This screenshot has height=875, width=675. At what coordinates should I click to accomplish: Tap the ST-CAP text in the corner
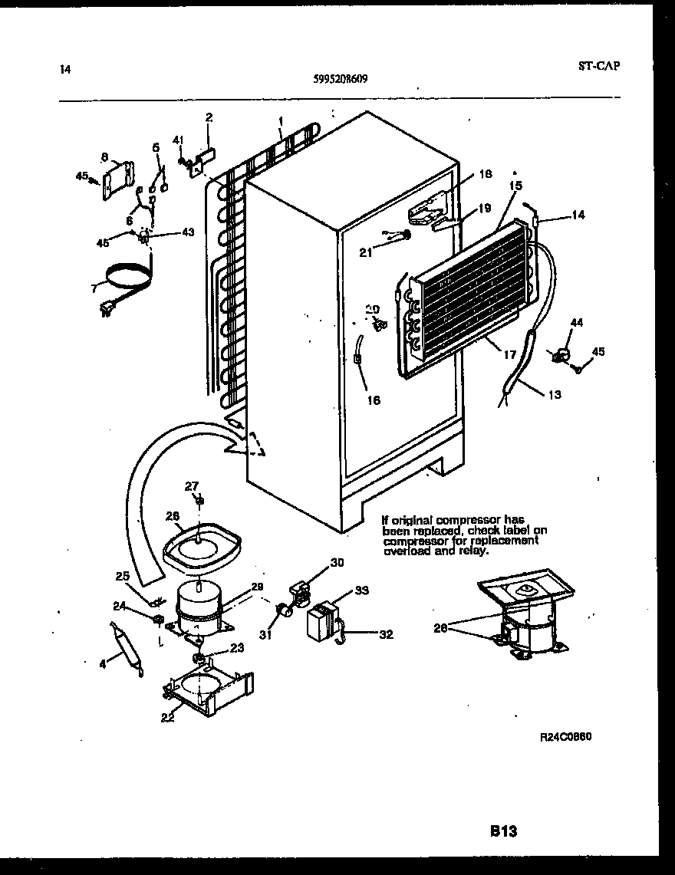pos(598,66)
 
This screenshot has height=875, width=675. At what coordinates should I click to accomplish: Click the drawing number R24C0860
pos(565,736)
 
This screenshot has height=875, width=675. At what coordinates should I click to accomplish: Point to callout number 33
pos(361,590)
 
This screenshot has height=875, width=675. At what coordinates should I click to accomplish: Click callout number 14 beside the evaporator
pos(578,215)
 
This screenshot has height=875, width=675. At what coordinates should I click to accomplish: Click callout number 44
pos(576,324)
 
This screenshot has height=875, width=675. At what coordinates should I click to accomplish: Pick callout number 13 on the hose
pos(554,395)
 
